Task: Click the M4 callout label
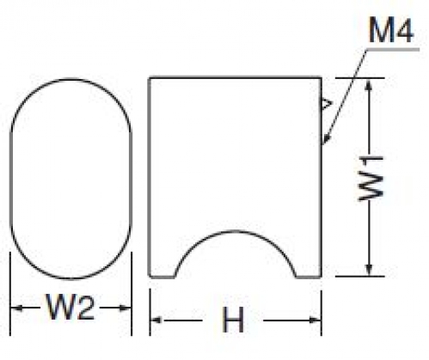391,30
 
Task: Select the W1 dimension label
371,179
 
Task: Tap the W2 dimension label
70,307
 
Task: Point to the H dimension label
233,320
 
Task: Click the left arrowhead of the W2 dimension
16,308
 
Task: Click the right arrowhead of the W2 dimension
125,308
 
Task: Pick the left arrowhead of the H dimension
156,320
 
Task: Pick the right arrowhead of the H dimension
315,320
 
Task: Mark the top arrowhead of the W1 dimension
370,84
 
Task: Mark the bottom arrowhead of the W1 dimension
370,270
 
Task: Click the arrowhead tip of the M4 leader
323,144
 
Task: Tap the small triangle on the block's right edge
327,104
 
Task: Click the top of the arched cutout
235,231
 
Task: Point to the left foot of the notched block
162,277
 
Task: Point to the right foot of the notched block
309,277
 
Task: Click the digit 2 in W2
85,307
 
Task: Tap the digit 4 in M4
404,30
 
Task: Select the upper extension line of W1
359,78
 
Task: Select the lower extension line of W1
359,277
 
